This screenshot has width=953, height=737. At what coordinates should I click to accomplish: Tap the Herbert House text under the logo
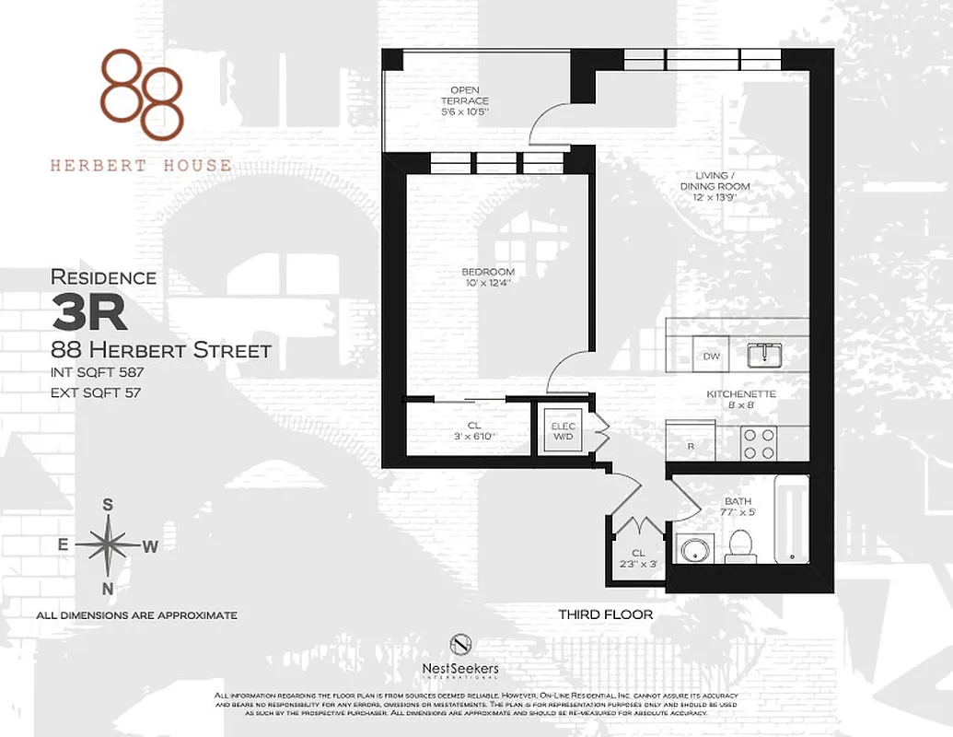pos(140,166)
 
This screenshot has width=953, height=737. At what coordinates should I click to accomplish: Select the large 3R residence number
pos(89,313)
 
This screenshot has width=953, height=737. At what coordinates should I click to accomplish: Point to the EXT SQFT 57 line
pos(96,392)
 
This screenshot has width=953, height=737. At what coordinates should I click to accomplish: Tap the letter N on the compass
pos(108,589)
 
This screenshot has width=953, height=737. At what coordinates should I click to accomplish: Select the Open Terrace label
pos(465,100)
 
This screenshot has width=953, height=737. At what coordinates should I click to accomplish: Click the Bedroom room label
pos(488,277)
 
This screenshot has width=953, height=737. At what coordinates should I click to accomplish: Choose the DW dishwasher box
pos(712,356)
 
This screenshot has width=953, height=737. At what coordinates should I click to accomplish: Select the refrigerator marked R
pos(691,441)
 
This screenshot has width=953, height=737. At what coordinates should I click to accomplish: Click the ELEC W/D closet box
pos(562,431)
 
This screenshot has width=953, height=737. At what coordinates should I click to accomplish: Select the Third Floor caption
pos(605,614)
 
